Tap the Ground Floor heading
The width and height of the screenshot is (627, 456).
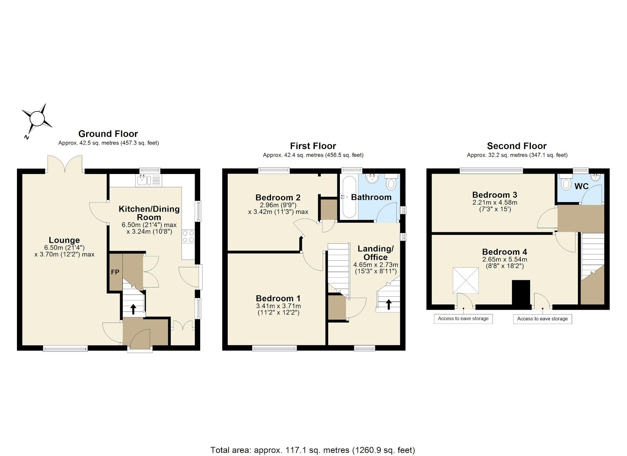(x=108, y=134)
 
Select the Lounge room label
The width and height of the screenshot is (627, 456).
(x=64, y=240)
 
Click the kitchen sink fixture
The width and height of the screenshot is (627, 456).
(x=143, y=180)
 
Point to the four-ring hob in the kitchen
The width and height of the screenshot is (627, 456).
(x=188, y=236)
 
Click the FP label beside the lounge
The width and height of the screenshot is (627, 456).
(x=115, y=272)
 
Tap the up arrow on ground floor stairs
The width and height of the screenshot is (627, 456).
(x=133, y=309)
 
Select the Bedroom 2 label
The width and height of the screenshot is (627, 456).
(x=278, y=198)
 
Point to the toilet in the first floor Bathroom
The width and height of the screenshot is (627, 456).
(x=391, y=182)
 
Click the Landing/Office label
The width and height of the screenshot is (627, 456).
(x=375, y=253)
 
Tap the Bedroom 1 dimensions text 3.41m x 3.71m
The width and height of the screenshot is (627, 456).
(x=278, y=306)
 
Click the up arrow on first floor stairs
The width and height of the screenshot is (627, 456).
(x=389, y=304)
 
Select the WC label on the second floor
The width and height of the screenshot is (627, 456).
(x=581, y=186)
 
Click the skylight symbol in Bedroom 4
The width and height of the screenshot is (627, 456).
(x=466, y=281)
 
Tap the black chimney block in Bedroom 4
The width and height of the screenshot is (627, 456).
(x=521, y=293)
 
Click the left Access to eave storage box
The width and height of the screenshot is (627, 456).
(x=463, y=318)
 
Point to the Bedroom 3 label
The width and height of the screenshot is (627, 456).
(x=495, y=195)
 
